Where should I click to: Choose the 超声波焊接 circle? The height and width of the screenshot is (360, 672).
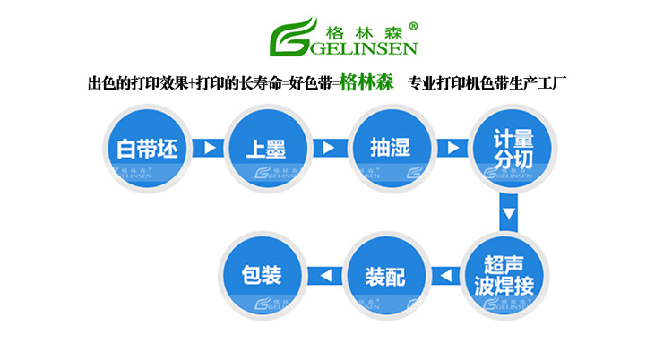coord(508,274)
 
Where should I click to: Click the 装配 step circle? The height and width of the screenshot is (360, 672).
coord(385,274)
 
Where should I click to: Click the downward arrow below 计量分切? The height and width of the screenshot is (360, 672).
coord(508,214)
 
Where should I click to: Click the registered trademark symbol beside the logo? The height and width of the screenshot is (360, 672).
coord(411,25)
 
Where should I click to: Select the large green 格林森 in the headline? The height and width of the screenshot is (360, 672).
coord(367,83)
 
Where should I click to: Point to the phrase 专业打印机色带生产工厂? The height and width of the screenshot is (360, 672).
coord(490,84)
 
